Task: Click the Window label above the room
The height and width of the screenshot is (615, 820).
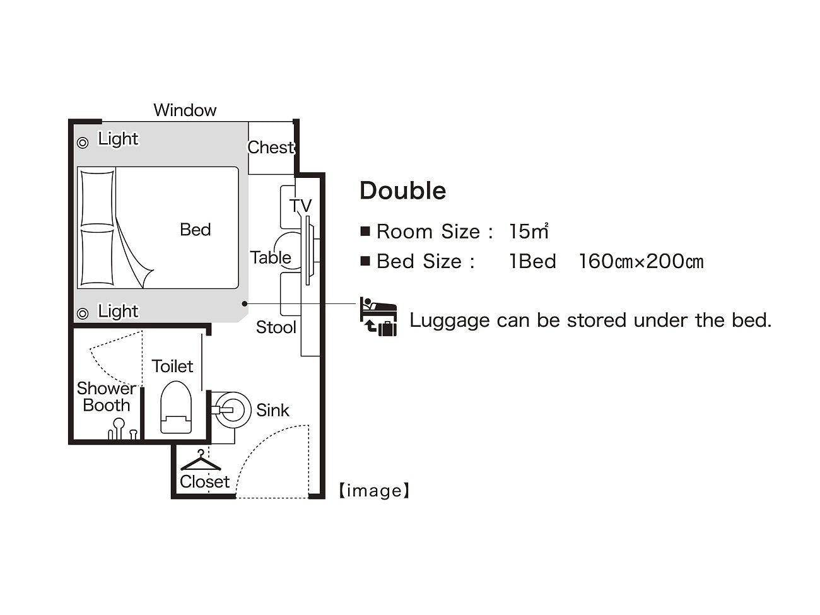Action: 185,110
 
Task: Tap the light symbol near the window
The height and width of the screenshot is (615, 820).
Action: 83,143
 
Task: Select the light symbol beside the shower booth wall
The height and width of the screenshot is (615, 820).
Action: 83,313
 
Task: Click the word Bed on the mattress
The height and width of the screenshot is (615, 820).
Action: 195,229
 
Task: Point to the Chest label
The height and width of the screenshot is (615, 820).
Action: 271,148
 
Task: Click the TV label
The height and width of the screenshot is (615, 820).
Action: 300,206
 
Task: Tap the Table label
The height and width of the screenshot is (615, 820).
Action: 271,257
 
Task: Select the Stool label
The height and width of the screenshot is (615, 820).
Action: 276,327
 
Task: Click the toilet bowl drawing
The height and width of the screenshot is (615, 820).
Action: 176,407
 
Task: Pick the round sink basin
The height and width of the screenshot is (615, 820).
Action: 232,410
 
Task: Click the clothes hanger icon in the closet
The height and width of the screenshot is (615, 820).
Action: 201,461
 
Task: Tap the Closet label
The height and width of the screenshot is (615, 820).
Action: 204,482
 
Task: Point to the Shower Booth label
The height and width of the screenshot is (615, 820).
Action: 106,397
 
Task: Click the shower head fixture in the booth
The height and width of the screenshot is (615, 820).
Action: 119,430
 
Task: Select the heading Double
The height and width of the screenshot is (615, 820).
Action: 402,191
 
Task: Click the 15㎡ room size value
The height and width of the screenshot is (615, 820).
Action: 529,231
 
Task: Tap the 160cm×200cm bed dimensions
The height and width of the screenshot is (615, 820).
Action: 641,261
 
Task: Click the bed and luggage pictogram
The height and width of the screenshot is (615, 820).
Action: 378,317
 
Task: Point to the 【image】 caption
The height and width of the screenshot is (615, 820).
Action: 374,491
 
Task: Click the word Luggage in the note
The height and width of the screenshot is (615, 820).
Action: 450,321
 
